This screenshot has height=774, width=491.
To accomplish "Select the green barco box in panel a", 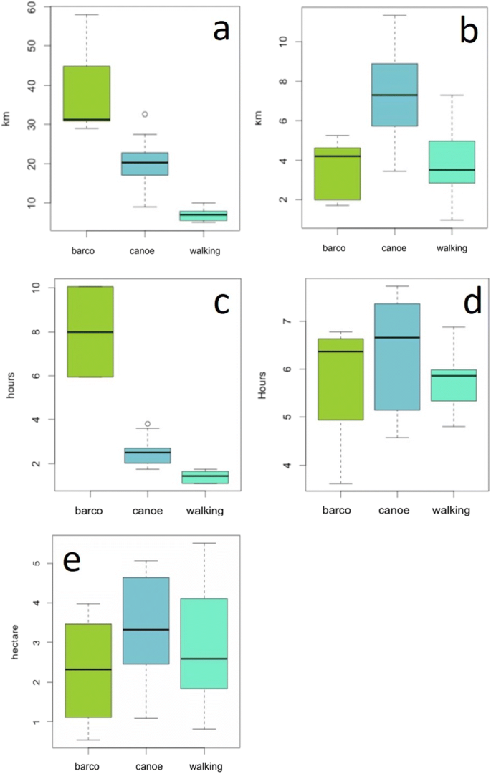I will click(x=86, y=93).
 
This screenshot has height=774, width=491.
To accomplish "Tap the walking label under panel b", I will click(x=451, y=248).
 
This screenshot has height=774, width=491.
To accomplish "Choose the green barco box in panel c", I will click(x=90, y=331).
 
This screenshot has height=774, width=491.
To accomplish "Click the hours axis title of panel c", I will click(x=10, y=390).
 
